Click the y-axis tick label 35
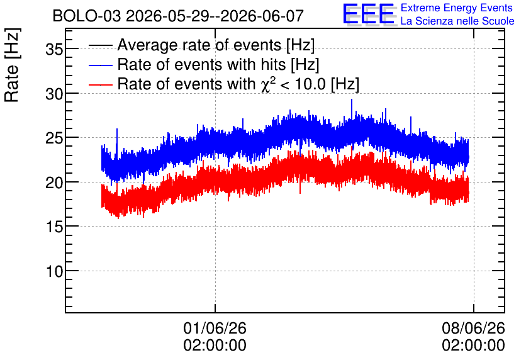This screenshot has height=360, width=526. point(54,50)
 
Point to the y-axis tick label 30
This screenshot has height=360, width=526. point(54,94)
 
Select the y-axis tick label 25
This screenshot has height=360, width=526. point(54,138)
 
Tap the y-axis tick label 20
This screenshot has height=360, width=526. point(54,183)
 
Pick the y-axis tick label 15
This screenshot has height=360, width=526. point(54,227)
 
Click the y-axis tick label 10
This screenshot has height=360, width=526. point(54,271)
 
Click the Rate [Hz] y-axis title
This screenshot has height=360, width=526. point(12,65)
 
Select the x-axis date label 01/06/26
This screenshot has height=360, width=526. point(215,328)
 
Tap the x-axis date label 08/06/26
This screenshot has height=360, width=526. point(473,328)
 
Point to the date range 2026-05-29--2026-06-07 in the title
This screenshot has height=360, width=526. point(215,16)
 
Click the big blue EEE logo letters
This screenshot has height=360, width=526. point(369,14)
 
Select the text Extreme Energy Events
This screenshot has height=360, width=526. point(457,8)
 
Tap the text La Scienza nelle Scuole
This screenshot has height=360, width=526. point(457,21)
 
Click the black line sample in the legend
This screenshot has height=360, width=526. point(100,45)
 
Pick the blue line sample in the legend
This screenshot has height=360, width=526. point(100,65)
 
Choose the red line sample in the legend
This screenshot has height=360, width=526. point(100,84)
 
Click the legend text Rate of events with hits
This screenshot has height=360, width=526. point(201,64)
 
